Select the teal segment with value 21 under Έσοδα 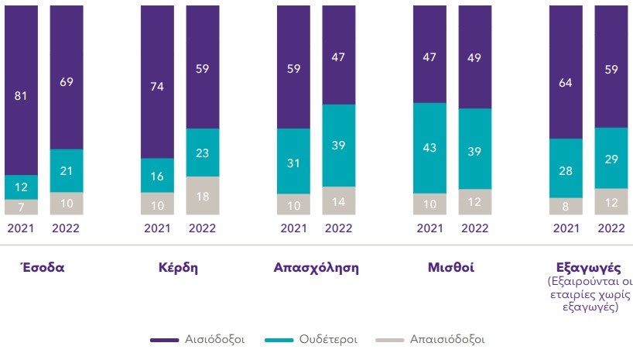tap(66, 170)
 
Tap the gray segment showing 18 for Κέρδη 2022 tap(203, 196)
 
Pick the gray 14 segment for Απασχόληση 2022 tap(339, 201)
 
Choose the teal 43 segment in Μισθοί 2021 tap(430, 148)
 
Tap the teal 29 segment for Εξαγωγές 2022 tap(612, 158)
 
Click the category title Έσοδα tap(41, 268)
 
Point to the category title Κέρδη tap(180, 268)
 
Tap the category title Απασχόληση tap(316, 268)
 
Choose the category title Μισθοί tap(452, 268)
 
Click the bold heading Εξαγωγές tap(589, 268)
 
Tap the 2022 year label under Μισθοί tap(475, 228)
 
